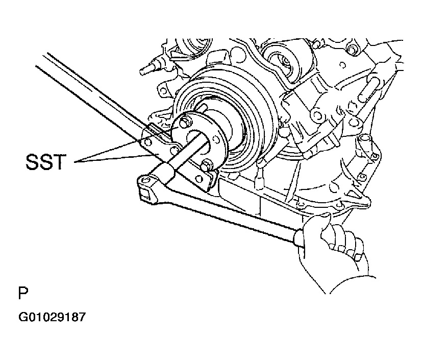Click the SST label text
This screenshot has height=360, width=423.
(x=45, y=162)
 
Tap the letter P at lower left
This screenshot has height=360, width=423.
(x=23, y=293)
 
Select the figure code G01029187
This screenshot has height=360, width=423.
(x=52, y=317)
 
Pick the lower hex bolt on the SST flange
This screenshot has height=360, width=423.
(x=206, y=165)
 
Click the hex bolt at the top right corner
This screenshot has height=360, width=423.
(x=352, y=49)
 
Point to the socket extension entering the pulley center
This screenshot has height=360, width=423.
(x=186, y=151)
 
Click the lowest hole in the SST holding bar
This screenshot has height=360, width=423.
(x=199, y=179)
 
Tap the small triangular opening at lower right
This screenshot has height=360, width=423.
(x=353, y=193)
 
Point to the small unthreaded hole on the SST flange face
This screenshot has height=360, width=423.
(x=215, y=139)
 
